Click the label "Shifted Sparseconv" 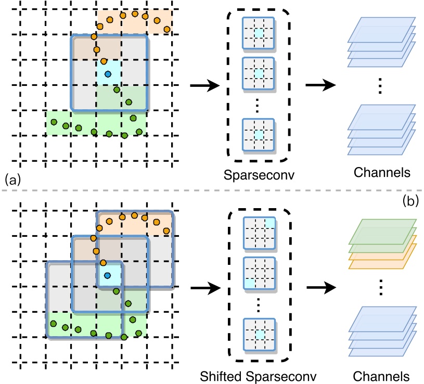click(258, 375)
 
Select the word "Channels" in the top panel click(380, 172)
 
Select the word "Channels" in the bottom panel click(380, 375)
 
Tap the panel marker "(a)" click(12, 181)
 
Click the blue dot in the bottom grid click(108, 275)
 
